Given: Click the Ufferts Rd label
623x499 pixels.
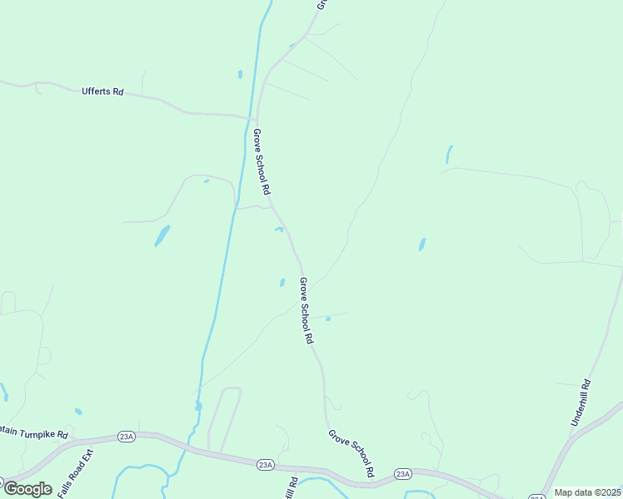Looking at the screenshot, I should pos(102,91).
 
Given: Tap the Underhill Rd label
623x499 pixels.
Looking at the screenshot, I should pos(581,403).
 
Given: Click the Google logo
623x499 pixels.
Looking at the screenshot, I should pos(27,489).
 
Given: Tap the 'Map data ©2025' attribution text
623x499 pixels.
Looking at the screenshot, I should pos(587,492).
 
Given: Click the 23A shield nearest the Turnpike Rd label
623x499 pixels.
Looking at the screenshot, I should pos(126,436).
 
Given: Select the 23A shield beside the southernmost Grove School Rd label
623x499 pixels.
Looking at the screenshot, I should pos(403,474).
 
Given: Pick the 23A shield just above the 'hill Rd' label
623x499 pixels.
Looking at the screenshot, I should pos(265,464).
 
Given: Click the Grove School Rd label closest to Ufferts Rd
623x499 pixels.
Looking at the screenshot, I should pos(262,162).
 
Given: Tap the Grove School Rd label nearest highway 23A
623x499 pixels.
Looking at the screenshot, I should pos(350,454).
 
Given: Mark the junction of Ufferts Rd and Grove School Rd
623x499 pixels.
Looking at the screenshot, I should pos(255,117).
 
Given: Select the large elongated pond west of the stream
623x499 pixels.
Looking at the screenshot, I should pos(162,236).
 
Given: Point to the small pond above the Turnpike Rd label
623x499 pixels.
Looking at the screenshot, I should pos(78,411).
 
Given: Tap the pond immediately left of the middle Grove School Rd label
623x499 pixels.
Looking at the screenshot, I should pos(282,283).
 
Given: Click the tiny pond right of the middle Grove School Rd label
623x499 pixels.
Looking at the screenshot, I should pos(327,319).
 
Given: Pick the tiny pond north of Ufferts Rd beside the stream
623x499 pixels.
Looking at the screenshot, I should pos(240,75).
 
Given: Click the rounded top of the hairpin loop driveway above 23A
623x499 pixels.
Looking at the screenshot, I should pos(232,388).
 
